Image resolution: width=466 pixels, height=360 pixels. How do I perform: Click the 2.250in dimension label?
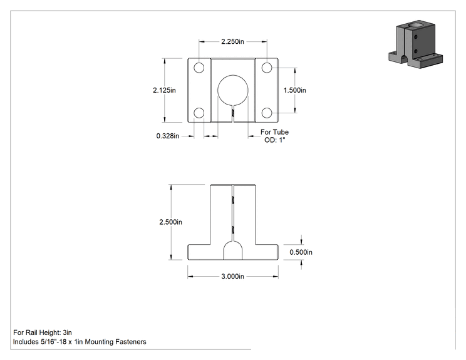(232, 41)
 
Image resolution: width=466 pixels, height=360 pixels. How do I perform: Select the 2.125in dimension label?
(164, 90)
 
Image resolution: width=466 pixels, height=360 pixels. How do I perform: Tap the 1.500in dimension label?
(294, 90)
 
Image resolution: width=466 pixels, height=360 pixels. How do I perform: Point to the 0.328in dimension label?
(168, 136)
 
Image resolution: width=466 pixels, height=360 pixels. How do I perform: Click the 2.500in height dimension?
(170, 222)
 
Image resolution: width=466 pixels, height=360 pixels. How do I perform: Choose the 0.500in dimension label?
(301, 252)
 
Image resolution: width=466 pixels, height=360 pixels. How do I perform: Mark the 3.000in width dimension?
(232, 277)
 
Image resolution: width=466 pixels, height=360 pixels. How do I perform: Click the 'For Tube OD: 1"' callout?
(274, 136)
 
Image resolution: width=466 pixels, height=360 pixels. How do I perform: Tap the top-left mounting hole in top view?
(199, 68)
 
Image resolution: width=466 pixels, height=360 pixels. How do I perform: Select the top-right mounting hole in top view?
(267, 68)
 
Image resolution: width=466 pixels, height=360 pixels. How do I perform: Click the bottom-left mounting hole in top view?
(199, 113)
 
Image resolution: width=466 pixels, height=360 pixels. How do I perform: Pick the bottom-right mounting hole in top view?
(267, 113)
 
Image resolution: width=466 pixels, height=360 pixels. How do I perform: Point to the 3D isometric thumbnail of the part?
(415, 44)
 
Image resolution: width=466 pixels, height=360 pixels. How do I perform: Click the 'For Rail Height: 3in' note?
(43, 332)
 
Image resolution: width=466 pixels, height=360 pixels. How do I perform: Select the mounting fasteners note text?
(80, 342)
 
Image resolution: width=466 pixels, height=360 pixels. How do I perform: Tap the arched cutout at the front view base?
(233, 250)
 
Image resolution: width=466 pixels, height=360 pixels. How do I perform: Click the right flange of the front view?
(267, 252)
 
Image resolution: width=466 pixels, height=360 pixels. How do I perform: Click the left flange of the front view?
(199, 252)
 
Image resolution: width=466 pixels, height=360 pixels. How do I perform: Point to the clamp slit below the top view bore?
(233, 114)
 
